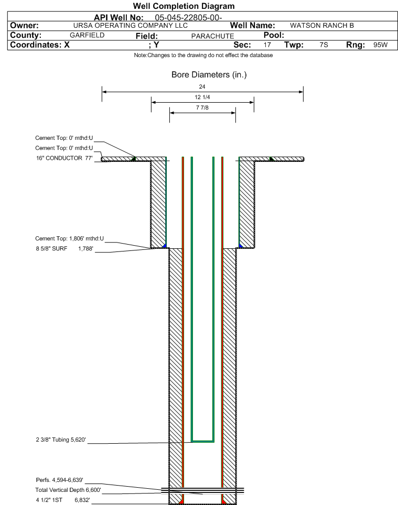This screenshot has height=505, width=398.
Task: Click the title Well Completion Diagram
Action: pyautogui.click(x=184, y=6)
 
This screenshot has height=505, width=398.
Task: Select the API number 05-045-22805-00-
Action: pyautogui.click(x=189, y=17)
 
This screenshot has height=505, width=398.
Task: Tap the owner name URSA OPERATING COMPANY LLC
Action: pyautogui.click(x=131, y=26)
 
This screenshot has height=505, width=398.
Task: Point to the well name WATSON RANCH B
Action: pyautogui.click(x=322, y=26)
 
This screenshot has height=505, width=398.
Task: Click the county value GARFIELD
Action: pyautogui.click(x=87, y=35)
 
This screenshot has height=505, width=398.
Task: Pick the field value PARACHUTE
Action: pyautogui.click(x=213, y=36)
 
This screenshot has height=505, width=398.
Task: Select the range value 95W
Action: pyautogui.click(x=381, y=45)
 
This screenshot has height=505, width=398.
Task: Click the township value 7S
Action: pyautogui.click(x=324, y=45)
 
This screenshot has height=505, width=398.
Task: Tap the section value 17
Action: pyautogui.click(x=267, y=45)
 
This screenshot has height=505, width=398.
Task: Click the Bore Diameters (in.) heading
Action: pyautogui.click(x=209, y=75)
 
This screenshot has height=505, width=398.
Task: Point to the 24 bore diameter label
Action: pyautogui.click(x=202, y=86)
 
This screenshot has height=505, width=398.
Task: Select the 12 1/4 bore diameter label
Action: pyautogui.click(x=202, y=97)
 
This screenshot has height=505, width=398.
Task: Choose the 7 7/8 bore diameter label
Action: pyautogui.click(x=202, y=107)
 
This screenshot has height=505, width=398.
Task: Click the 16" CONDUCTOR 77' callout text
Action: pyautogui.click(x=64, y=158)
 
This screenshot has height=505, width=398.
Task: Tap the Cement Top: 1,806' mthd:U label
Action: pyautogui.click(x=70, y=239)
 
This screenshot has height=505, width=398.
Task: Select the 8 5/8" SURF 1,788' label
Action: pyautogui.click(x=64, y=249)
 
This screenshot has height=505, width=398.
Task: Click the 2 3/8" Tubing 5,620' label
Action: pyautogui.click(x=61, y=440)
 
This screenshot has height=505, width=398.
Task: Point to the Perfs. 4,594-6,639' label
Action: pyautogui.click(x=60, y=480)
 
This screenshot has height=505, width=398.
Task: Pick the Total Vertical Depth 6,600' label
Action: pyautogui.click(x=68, y=490)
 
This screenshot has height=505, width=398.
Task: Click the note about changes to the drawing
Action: pyautogui.click(x=203, y=56)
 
